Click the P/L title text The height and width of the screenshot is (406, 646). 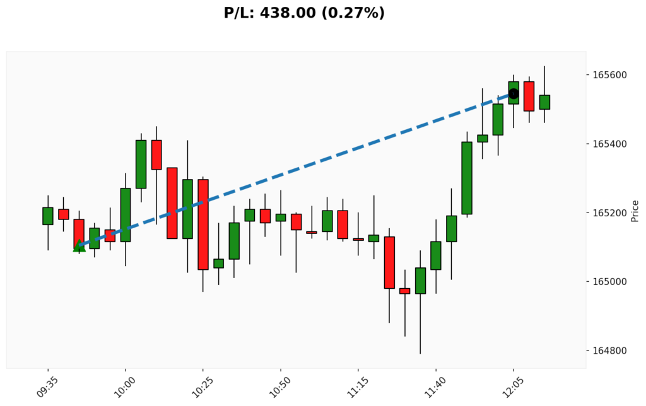point(304,13)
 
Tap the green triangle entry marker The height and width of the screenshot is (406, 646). point(79,246)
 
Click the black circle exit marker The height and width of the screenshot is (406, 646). point(514,94)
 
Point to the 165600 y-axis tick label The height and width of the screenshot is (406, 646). point(610,75)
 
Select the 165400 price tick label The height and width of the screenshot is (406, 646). point(610,144)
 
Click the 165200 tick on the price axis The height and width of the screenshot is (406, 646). point(610,212)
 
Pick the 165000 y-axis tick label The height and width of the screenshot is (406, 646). point(610,281)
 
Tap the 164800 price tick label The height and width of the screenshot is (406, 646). point(610,351)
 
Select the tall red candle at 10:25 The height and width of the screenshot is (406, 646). point(203,224)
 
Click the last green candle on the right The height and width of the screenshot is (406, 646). point(544,102)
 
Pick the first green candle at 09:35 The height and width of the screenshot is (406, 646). point(48,216)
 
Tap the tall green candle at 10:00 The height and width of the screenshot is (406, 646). point(126,214)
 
